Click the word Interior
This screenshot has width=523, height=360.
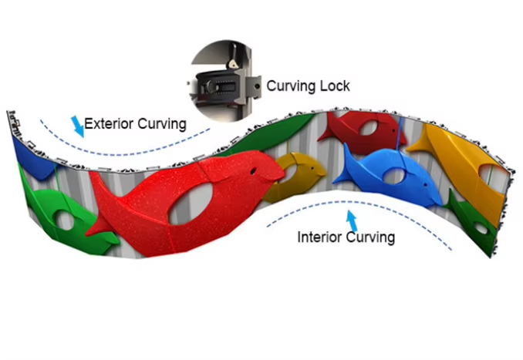(x=320, y=237)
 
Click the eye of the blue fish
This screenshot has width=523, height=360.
(x=411, y=163)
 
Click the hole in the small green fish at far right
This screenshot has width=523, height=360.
(x=480, y=228)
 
